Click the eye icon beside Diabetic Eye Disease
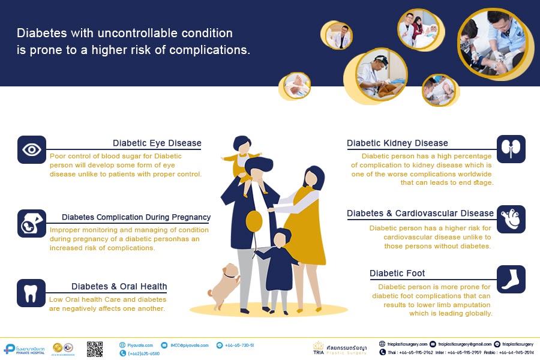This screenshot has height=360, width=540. [32, 149]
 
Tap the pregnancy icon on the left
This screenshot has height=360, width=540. [32, 223]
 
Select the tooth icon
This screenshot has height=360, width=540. [32, 293]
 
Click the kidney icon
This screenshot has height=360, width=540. [511, 149]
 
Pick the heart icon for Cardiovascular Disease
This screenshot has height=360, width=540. [511, 220]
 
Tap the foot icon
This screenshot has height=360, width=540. [511, 279]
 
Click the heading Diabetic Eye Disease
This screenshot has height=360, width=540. [157, 143]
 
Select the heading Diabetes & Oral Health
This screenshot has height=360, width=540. [119, 286]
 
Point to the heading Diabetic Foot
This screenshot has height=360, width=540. [397, 274]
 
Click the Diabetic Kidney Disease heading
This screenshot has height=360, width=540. [397, 143]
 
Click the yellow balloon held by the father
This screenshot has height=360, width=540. [254, 220]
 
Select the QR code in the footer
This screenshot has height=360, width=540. [95, 349]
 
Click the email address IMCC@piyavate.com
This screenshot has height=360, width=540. [188, 345]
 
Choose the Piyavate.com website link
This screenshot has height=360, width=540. [140, 345]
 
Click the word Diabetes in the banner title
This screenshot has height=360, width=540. [39, 33]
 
